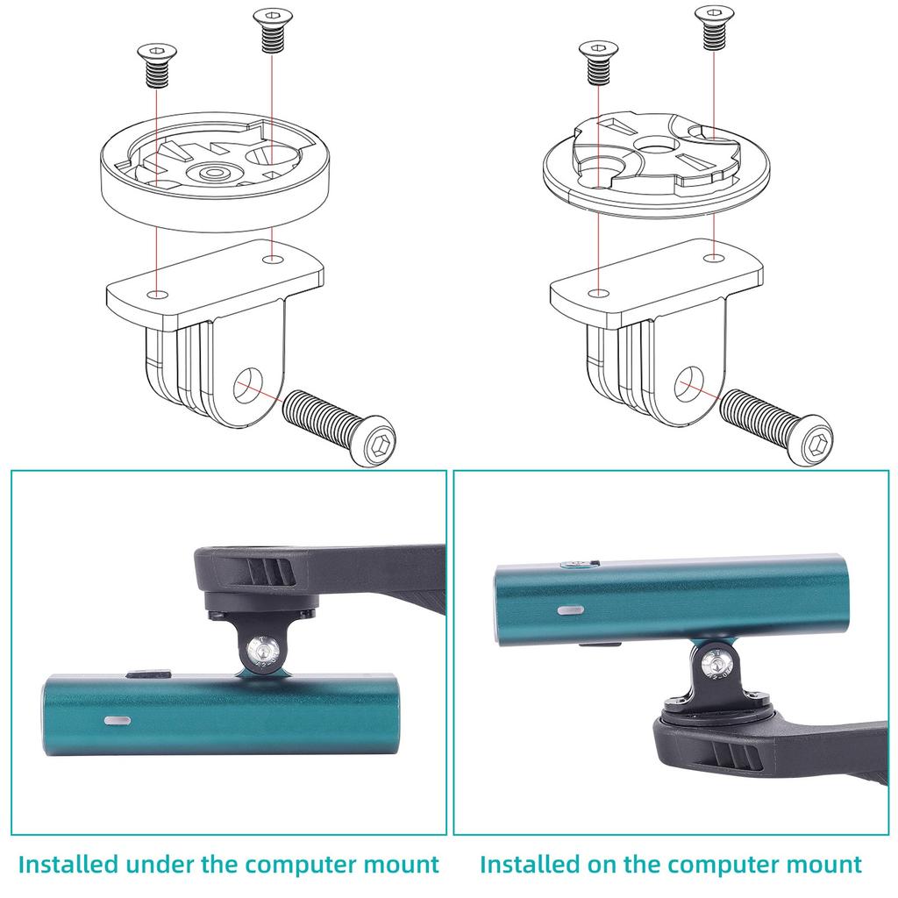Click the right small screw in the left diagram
(x=269, y=30)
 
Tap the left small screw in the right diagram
(x=596, y=64)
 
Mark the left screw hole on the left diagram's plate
(x=156, y=293)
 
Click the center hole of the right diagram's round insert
(x=652, y=145)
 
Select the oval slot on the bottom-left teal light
(x=118, y=720)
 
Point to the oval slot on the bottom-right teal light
(x=570, y=607)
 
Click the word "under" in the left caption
(x=160, y=864)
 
